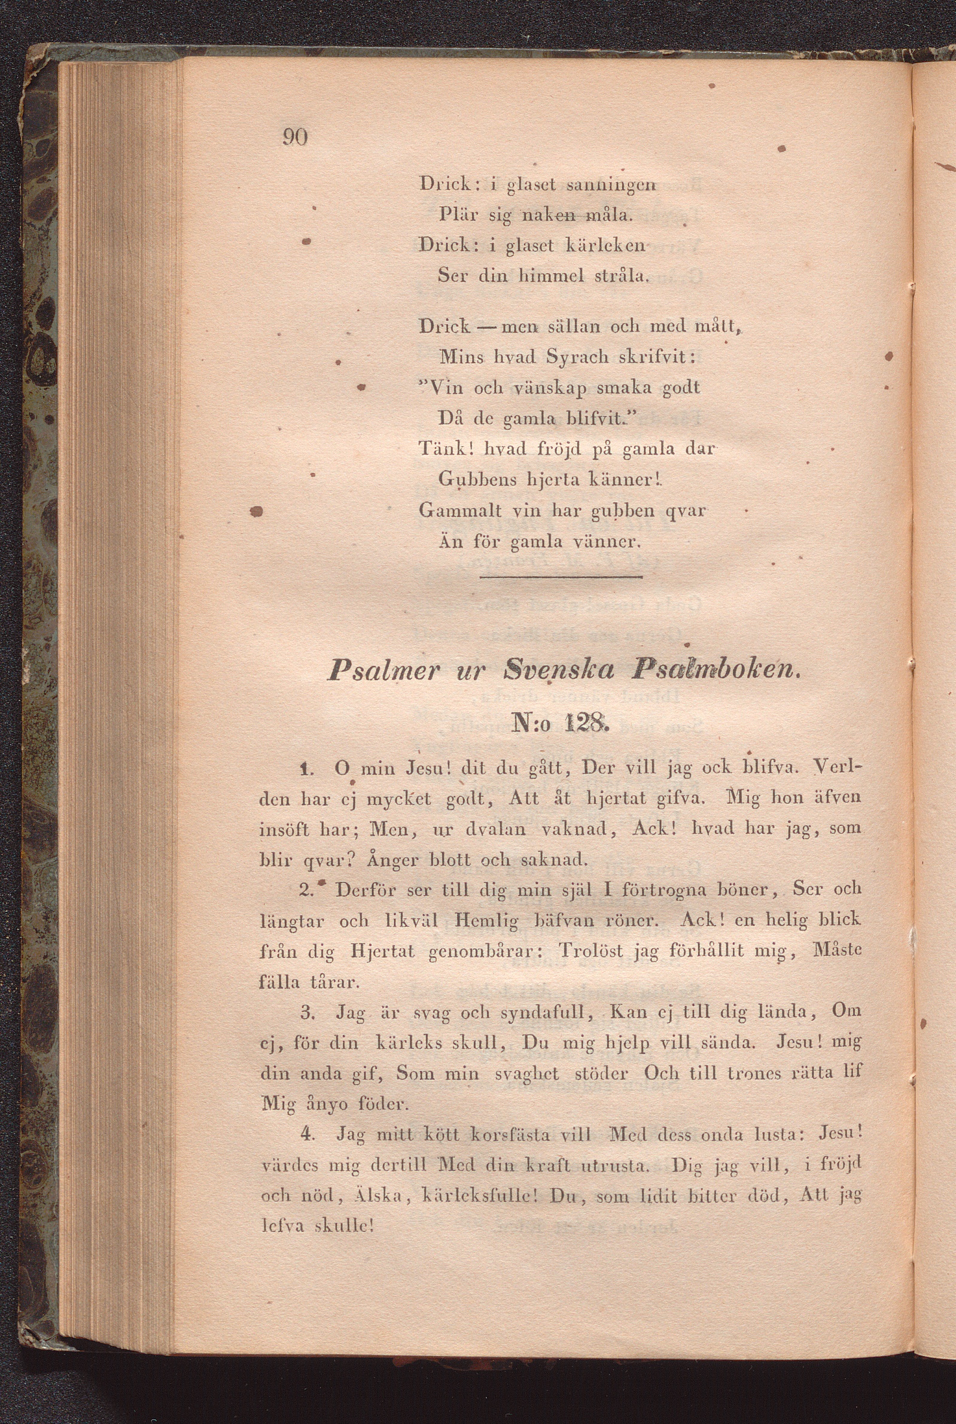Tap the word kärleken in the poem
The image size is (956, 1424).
click(x=605, y=245)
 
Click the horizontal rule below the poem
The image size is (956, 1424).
click(x=561, y=576)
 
